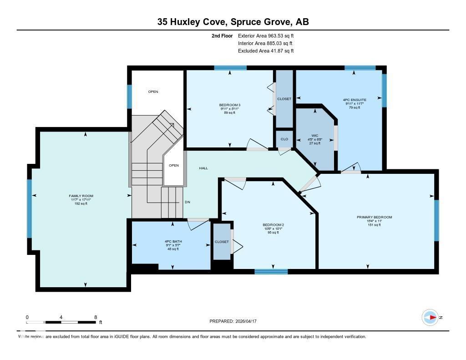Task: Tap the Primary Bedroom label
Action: (x=374, y=217)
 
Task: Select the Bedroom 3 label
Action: (x=229, y=105)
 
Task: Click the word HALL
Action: (x=203, y=168)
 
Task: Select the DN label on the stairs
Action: (x=187, y=202)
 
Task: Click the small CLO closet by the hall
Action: (x=284, y=139)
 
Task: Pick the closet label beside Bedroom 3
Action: (x=284, y=99)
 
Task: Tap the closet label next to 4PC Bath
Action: (x=222, y=242)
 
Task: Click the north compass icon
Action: (x=430, y=317)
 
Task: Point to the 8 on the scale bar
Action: (x=95, y=317)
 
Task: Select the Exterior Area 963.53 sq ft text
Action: (x=269, y=35)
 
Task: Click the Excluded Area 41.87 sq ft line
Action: (x=266, y=51)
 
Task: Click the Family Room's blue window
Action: (x=30, y=208)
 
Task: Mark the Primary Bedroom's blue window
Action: (x=436, y=220)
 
